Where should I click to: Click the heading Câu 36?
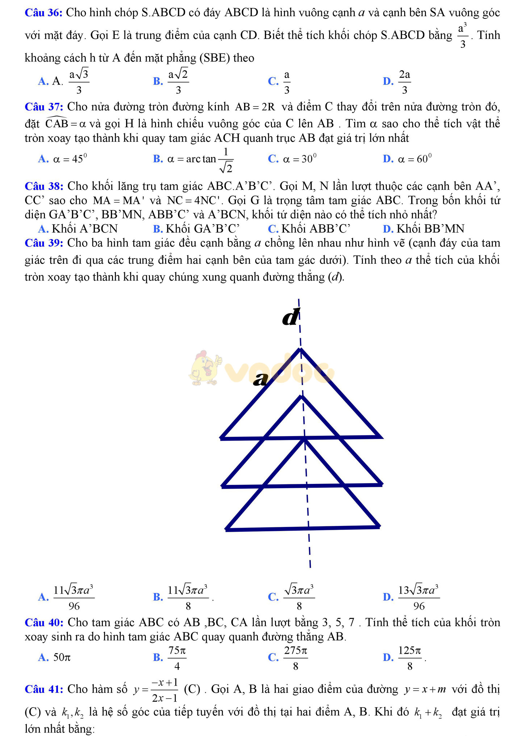43,13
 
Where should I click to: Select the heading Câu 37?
44,107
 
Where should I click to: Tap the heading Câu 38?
44,186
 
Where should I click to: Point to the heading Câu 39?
44,243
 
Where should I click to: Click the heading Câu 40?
44,622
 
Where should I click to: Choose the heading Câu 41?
44,689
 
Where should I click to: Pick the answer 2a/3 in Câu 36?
404,81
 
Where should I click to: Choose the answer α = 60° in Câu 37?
415,159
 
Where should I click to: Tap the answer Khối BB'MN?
430,229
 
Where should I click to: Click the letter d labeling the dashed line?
291,318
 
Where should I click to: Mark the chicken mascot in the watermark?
205,368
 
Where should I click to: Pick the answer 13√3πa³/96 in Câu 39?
419,597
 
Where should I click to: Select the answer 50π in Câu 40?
62,657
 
